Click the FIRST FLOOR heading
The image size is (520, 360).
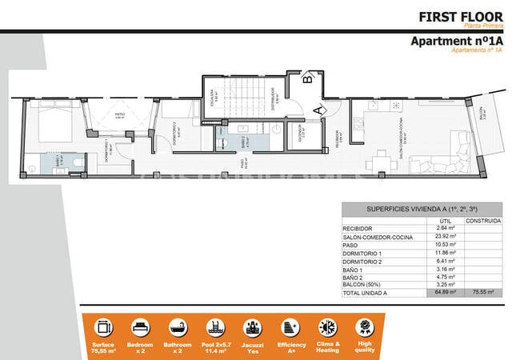click(x=461, y=16)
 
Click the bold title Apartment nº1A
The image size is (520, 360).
click(x=456, y=41)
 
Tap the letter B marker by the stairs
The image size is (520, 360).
click(x=307, y=78)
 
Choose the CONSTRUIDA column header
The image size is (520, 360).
click(x=483, y=220)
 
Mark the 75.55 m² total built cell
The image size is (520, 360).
click(x=484, y=293)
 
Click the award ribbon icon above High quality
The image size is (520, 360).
click(x=366, y=327)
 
